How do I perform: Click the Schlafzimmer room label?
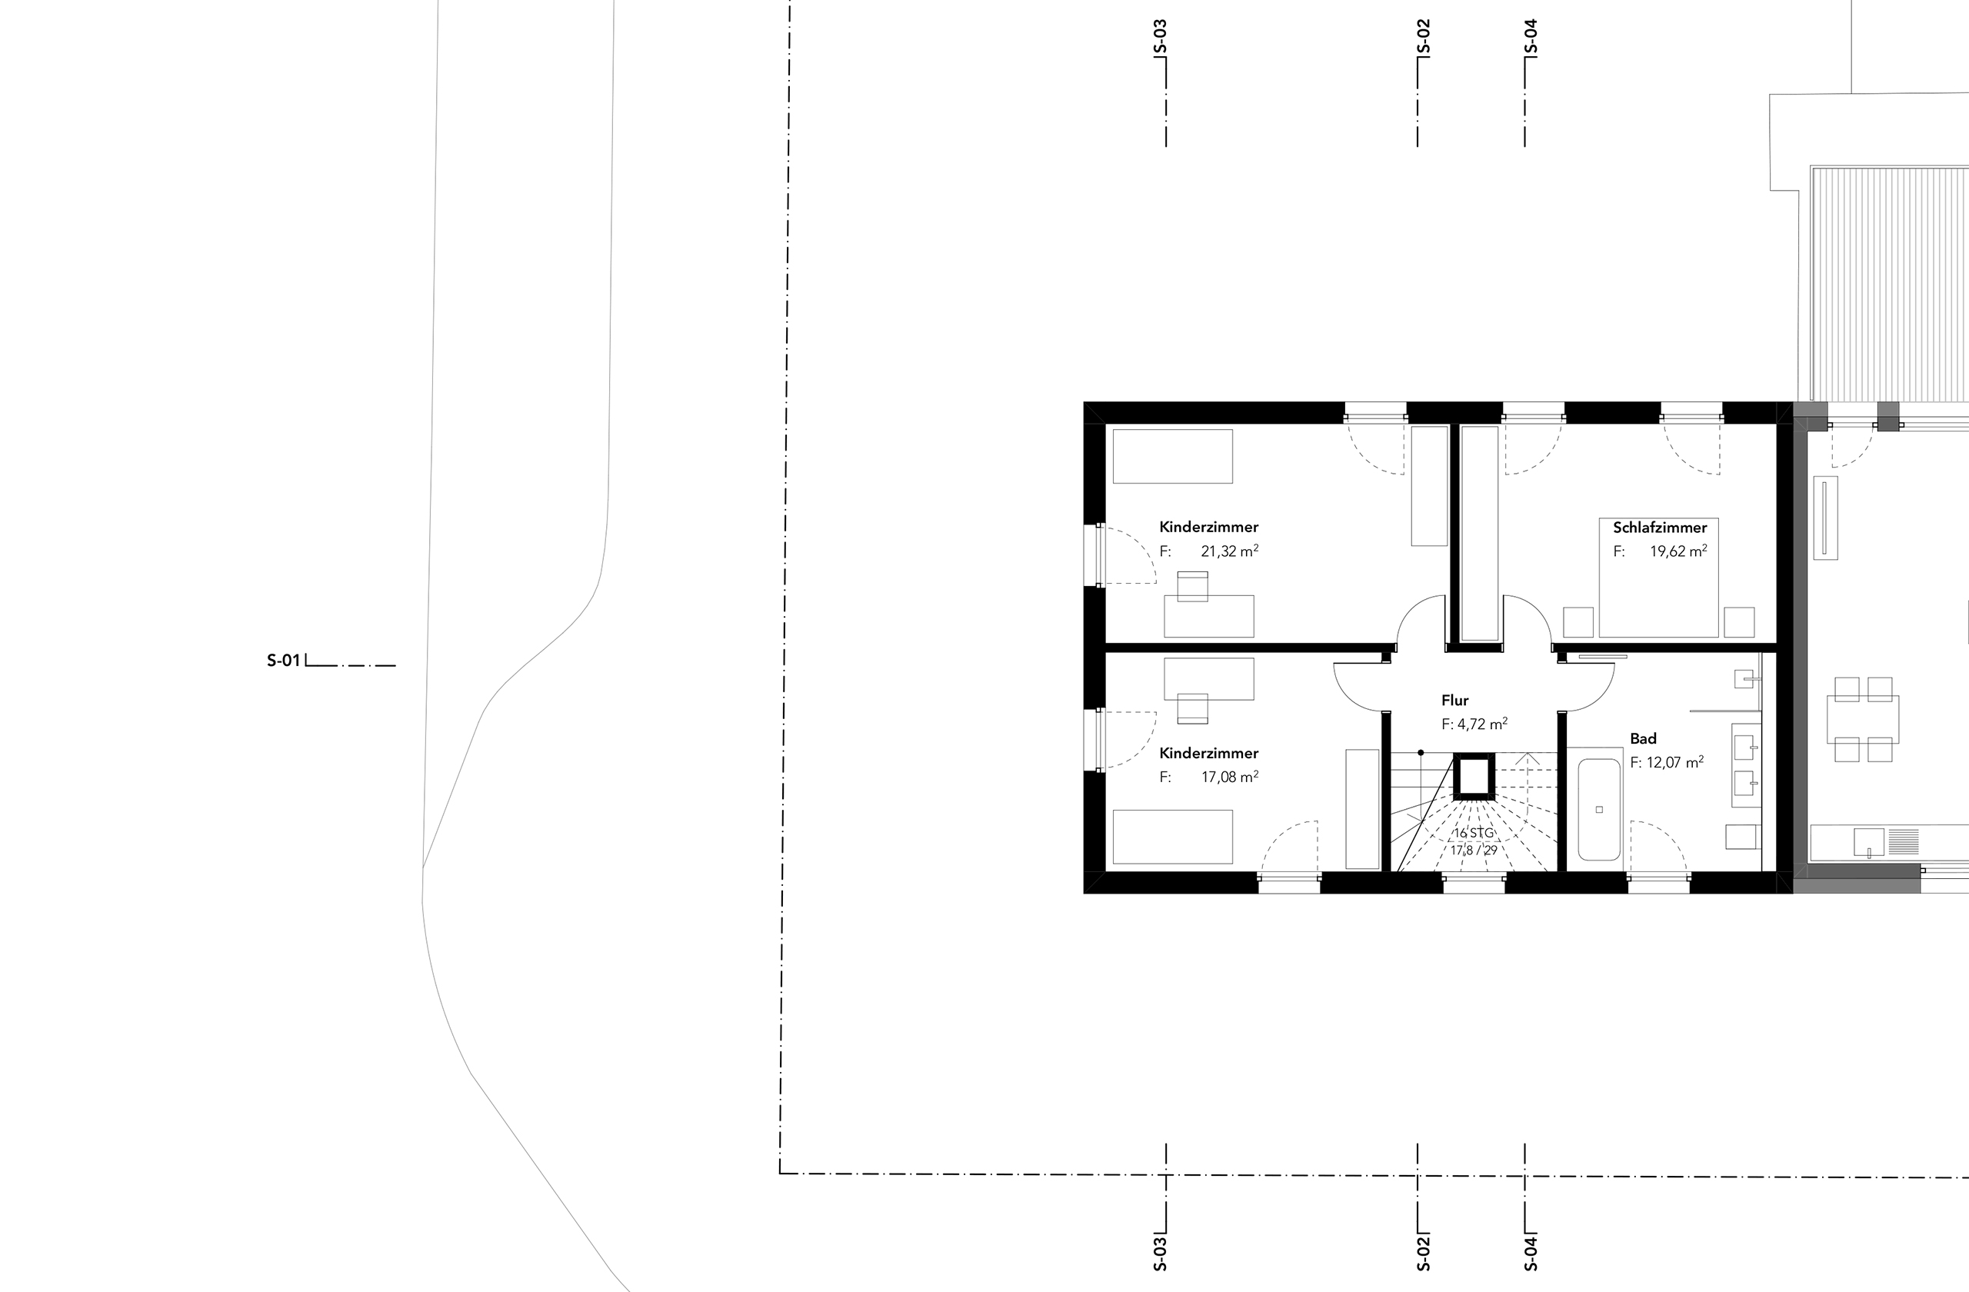1660,528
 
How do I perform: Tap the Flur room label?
1454,701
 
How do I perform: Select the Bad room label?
1643,738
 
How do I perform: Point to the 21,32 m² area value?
1229,551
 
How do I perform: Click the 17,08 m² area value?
1229,777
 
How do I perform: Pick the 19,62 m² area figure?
1678,551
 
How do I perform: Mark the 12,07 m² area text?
1674,763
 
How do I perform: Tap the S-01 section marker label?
283,661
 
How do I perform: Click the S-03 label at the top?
1160,37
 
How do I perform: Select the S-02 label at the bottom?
1423,1252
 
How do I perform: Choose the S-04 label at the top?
1531,37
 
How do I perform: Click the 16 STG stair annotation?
1474,833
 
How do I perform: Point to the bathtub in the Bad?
1599,809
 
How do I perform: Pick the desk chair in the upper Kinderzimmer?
1192,585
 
